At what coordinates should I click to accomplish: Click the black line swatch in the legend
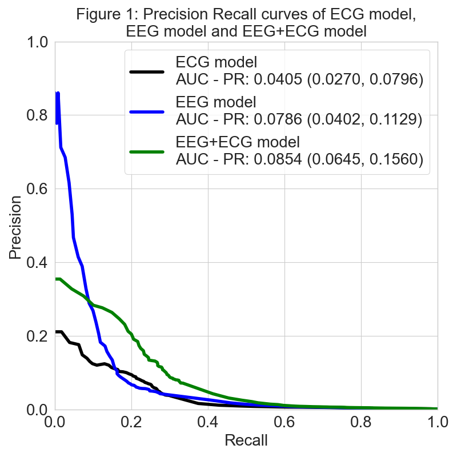147,72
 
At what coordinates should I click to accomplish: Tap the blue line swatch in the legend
147,112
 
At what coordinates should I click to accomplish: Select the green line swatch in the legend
147,152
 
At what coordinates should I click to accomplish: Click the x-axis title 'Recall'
246,440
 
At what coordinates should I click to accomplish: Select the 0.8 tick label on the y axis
37,115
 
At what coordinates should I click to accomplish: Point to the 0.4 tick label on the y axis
37,263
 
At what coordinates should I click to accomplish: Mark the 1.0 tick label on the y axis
37,42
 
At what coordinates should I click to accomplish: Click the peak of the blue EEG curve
58,93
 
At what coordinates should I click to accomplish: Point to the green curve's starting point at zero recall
56,279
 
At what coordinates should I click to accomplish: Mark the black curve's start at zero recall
56,332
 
